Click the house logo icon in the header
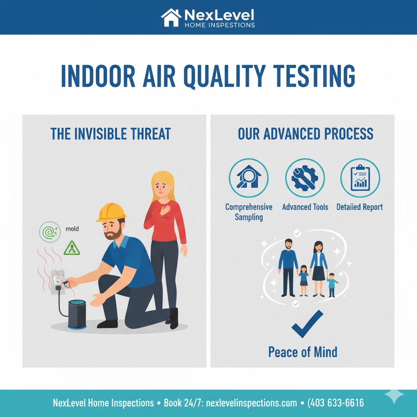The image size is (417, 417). tap(171, 18)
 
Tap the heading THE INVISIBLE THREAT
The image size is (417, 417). tap(110, 134)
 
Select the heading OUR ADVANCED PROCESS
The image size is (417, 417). tap(305, 134)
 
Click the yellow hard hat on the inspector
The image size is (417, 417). tap(111, 212)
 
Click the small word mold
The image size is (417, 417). tap(72, 229)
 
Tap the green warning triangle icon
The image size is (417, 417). tap(72, 248)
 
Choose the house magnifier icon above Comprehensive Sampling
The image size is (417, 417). tap(248, 178)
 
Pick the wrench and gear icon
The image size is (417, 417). tap(305, 178)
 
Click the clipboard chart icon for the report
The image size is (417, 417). tap(360, 178)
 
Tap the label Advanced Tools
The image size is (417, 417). tap(305, 207)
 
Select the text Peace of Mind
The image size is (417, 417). tap(303, 351)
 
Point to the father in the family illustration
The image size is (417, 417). tap(288, 267)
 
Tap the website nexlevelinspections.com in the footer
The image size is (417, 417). tap(252, 403)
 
